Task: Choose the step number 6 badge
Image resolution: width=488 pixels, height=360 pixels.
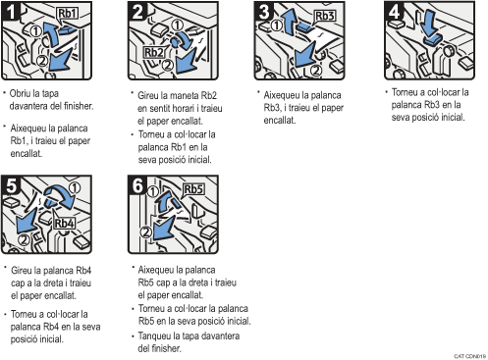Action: point(136,184)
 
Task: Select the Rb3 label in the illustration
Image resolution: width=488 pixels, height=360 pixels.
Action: point(324,17)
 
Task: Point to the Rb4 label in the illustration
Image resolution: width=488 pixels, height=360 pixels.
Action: point(65,223)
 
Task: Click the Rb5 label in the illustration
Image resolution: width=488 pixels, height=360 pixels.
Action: point(192,188)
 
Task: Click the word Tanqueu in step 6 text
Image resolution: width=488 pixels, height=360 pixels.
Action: point(157,335)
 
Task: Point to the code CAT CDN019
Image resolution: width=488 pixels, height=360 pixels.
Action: point(470,354)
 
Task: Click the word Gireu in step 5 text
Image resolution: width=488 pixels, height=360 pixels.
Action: point(24,268)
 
